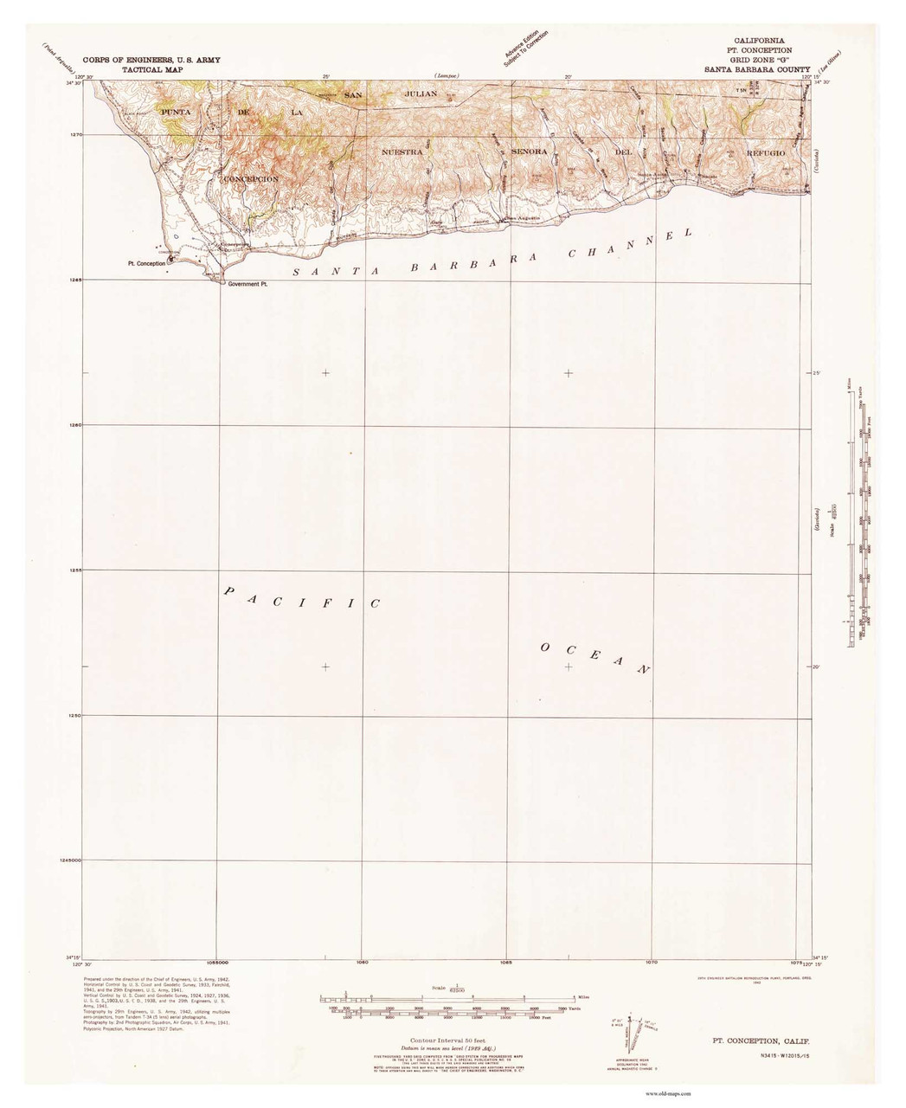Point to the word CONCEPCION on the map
coord(250,178)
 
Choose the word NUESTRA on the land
coord(402,151)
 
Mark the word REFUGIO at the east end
coord(762,151)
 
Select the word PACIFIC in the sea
coord(302,597)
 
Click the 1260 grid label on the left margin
coord(74,425)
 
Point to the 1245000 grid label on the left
coord(67,860)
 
